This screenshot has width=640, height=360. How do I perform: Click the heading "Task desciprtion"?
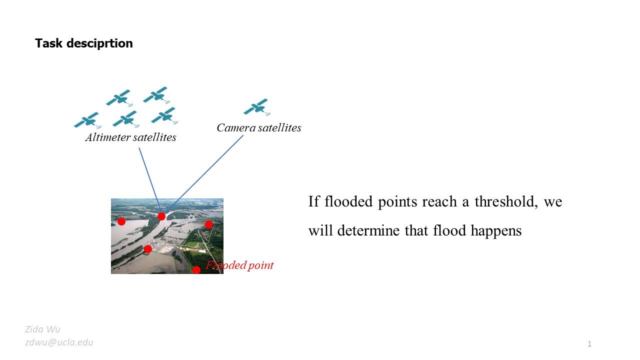click(x=83, y=43)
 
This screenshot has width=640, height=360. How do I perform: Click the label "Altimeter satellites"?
click(x=130, y=137)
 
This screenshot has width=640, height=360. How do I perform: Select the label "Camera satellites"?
click(x=258, y=128)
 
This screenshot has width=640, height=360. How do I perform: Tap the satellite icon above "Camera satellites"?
click(x=256, y=106)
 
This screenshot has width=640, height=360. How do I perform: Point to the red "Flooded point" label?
click(x=240, y=265)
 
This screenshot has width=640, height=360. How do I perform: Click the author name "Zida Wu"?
click(x=42, y=329)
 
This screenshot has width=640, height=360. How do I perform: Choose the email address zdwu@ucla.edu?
click(x=59, y=342)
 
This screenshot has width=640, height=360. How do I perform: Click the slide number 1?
click(x=589, y=343)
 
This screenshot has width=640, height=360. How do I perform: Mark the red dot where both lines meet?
click(x=161, y=216)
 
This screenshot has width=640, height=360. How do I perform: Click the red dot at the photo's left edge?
click(x=121, y=221)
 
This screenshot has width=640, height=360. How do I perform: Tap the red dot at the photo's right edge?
click(x=209, y=224)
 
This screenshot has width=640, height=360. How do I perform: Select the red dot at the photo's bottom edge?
click(x=196, y=270)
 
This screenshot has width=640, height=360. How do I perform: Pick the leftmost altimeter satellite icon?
click(x=87, y=120)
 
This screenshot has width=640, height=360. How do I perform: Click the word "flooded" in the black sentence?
click(x=345, y=202)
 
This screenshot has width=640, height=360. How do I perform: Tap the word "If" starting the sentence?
click(x=313, y=202)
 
